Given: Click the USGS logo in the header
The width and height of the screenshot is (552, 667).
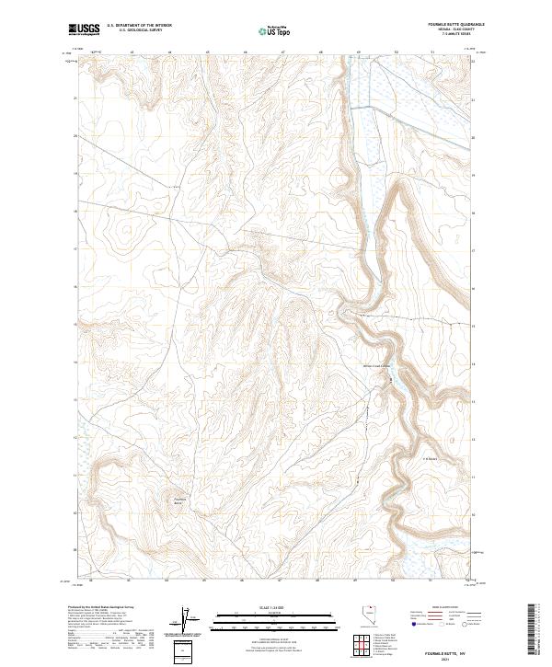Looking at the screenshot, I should [x=84, y=29].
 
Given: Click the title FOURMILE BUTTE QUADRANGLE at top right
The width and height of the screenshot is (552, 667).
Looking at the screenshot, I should [x=443, y=25].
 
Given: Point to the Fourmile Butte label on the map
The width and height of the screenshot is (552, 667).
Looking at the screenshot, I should [x=178, y=501].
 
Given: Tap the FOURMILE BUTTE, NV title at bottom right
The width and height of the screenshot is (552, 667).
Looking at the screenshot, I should [x=447, y=650].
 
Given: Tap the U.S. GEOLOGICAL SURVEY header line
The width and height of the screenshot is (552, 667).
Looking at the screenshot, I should [x=133, y=31].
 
